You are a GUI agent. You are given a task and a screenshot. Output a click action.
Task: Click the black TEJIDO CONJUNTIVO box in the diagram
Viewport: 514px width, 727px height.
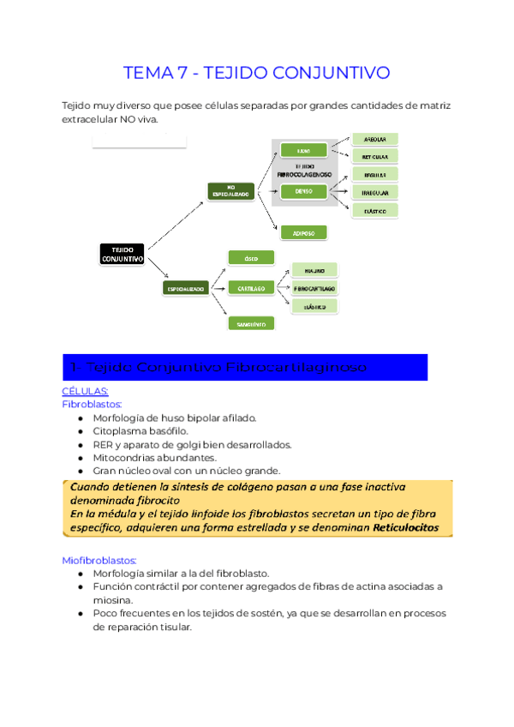[122, 254]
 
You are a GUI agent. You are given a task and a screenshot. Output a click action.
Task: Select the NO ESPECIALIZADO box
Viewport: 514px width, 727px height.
[230, 192]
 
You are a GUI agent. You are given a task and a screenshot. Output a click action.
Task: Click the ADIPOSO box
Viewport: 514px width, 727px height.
[303, 231]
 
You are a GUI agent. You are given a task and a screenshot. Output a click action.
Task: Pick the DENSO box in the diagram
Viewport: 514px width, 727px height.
[303, 191]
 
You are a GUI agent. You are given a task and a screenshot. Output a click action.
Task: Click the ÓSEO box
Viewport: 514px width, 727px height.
[250, 257]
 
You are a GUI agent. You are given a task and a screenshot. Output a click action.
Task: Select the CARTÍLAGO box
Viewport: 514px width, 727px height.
[250, 289]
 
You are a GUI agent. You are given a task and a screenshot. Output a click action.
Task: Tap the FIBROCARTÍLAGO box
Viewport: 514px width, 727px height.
[314, 288]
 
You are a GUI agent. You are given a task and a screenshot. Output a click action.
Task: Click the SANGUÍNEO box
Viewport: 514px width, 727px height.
[250, 323]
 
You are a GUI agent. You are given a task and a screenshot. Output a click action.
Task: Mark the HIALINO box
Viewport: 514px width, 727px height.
[314, 270]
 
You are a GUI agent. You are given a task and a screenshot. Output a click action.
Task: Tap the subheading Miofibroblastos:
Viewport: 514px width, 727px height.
[97, 560]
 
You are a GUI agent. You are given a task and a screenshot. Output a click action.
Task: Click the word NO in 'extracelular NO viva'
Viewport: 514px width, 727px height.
[129, 120]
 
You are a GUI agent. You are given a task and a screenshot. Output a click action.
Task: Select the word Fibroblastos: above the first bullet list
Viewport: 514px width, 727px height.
[93, 403]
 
